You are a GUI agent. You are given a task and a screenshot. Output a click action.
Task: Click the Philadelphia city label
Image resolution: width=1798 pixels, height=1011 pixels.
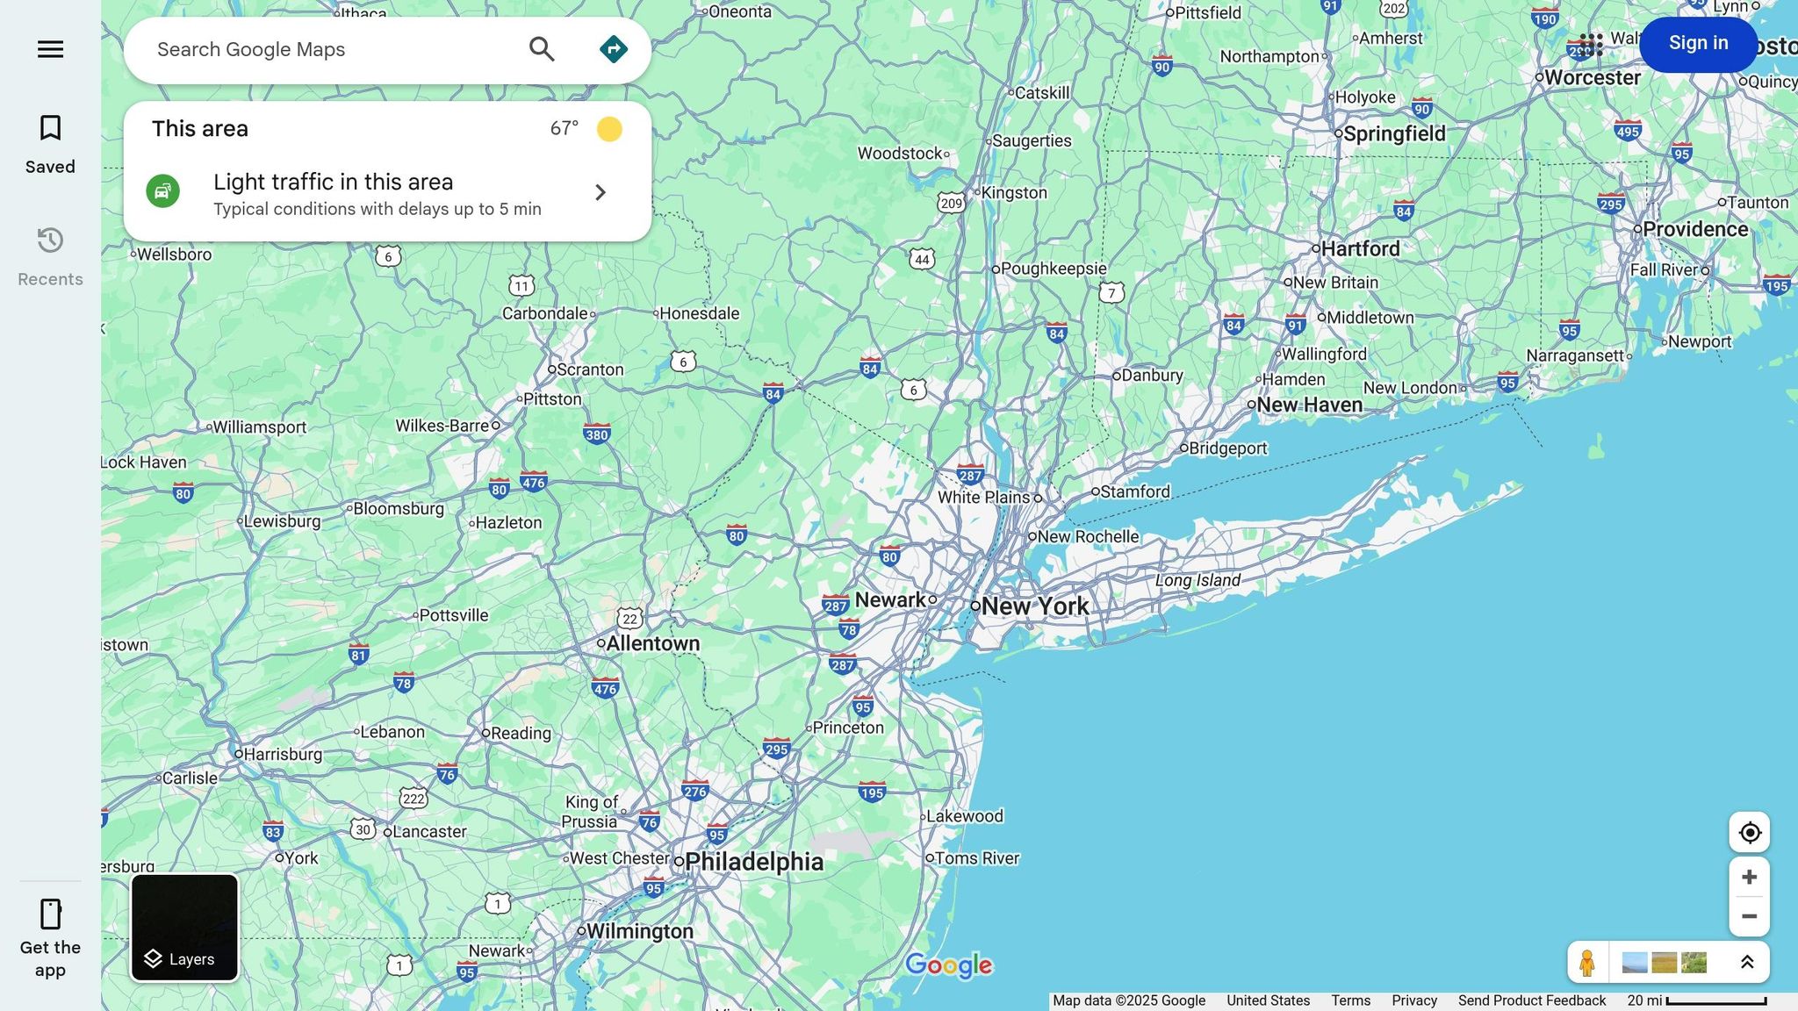[x=753, y=862]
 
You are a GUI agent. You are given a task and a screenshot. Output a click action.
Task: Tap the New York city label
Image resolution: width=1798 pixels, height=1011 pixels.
[x=1034, y=606]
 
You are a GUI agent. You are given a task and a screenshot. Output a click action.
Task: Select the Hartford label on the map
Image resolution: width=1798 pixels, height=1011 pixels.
[x=1360, y=249]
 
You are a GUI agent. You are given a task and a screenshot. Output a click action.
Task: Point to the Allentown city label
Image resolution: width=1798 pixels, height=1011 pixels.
[x=652, y=643]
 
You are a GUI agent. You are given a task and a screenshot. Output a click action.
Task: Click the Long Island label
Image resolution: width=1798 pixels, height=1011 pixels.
[x=1197, y=580]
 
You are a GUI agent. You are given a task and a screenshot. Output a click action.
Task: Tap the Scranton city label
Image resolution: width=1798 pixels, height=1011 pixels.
[x=589, y=369]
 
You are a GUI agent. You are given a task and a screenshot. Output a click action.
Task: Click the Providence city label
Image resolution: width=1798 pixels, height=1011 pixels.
[x=1694, y=229]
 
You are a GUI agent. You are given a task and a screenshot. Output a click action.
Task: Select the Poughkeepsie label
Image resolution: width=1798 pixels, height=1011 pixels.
[x=1053, y=269]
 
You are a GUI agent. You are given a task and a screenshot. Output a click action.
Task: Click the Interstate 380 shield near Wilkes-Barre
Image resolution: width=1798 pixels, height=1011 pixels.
[x=597, y=434]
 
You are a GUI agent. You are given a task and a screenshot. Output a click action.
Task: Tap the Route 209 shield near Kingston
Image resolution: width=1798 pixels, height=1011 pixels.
[x=951, y=204]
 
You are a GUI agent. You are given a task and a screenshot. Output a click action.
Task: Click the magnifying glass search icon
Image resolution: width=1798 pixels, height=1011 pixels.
[x=542, y=49]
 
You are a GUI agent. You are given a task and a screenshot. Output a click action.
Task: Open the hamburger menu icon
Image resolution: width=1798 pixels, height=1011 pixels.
[x=50, y=49]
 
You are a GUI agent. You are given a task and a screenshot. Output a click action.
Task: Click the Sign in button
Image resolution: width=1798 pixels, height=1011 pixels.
[x=1698, y=43]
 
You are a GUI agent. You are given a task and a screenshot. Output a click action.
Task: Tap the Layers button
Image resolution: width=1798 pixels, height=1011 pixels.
[x=184, y=928]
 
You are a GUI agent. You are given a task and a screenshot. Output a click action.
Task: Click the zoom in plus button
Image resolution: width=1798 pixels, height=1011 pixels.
[x=1749, y=877]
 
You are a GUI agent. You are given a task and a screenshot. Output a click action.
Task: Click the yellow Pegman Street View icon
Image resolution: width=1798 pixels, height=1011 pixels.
[x=1586, y=963]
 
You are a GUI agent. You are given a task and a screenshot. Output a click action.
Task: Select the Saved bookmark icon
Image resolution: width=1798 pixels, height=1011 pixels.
[x=50, y=129]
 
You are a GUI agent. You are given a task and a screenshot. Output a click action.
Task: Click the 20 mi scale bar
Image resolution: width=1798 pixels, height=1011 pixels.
[x=1715, y=1001]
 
